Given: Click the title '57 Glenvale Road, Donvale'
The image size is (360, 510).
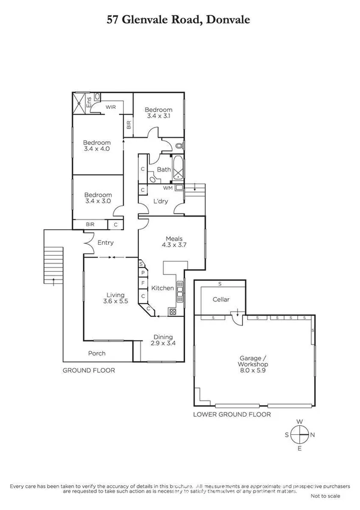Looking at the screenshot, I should (179, 19).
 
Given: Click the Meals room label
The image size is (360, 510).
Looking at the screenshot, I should (172, 242).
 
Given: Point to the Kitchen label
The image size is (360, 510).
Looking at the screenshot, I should (162, 288).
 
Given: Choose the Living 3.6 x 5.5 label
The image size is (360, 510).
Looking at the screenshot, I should (115, 299).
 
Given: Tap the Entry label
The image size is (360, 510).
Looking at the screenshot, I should (105, 243).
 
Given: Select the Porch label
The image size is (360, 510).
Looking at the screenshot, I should (97, 353).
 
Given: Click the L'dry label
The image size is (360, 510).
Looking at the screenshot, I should (160, 200).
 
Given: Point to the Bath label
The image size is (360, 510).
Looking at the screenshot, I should (164, 170).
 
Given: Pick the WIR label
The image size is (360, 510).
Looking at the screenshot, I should (111, 107).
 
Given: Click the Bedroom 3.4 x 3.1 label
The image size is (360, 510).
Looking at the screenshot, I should (159, 113).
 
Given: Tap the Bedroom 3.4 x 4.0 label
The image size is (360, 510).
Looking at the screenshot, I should (96, 146).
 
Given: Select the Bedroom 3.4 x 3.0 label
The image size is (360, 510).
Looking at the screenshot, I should (97, 198).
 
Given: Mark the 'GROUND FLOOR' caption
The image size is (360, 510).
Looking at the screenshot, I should (89, 370).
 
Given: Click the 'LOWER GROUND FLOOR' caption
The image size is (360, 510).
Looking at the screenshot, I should (232, 415).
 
